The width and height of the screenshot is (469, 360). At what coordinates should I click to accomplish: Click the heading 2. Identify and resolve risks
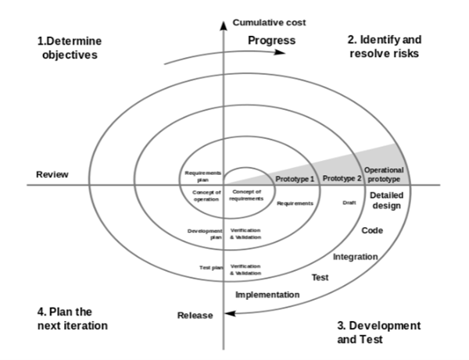coord(383,47)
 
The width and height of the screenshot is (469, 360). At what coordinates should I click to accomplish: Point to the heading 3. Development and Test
coord(378,332)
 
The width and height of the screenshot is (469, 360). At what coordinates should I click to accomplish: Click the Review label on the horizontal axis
coord(53,174)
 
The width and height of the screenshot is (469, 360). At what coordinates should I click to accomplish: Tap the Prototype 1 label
coord(295,179)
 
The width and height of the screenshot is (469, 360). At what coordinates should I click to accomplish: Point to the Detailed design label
coord(385,201)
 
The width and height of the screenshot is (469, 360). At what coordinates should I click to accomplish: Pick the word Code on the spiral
coord(372,230)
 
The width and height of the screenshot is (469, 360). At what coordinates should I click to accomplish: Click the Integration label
coord(356,256)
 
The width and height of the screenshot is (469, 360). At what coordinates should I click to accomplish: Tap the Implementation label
coord(267,294)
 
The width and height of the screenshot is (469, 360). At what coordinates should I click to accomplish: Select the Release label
coord(195,315)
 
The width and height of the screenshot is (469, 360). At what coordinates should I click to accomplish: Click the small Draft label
coord(349,203)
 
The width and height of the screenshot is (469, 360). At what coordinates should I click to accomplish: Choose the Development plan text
coord(206,233)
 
